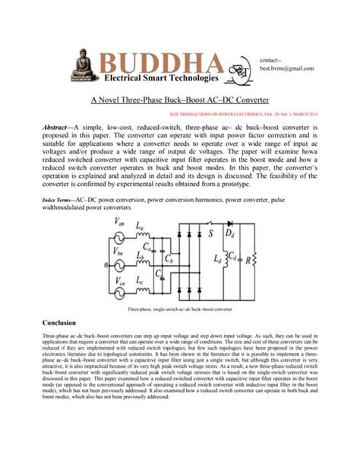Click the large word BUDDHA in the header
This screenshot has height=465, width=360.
(160, 63)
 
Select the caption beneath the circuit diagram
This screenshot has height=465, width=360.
(179, 310)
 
